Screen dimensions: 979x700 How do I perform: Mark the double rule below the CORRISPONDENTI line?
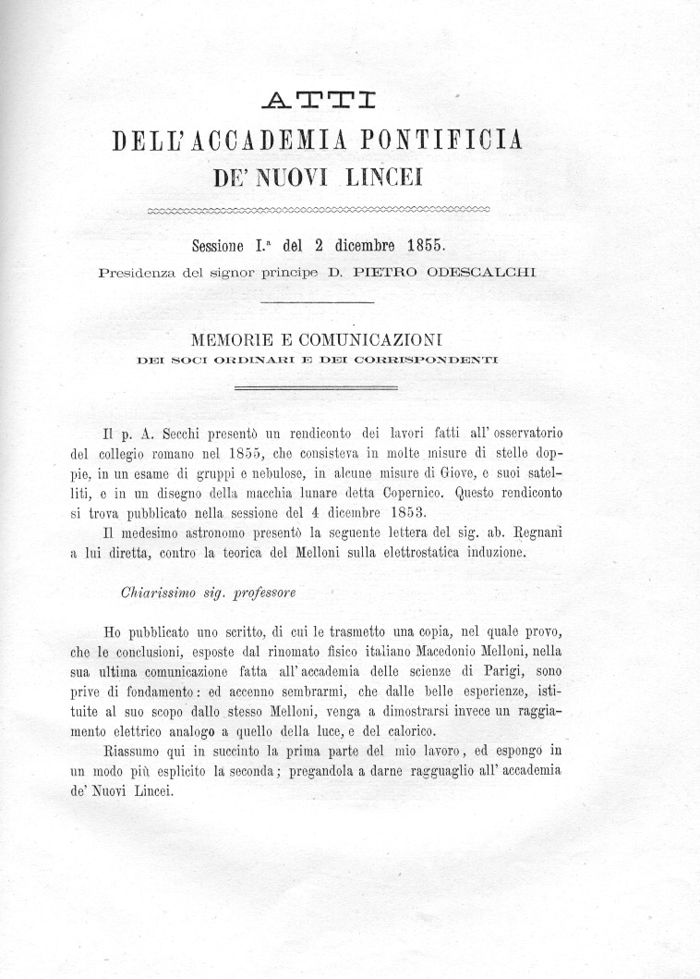coord(317,388)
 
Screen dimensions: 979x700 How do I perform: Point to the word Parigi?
coord(497,672)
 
